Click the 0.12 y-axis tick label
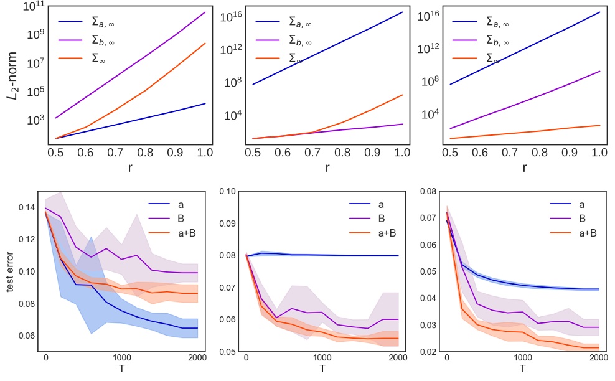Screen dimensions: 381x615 27,240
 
